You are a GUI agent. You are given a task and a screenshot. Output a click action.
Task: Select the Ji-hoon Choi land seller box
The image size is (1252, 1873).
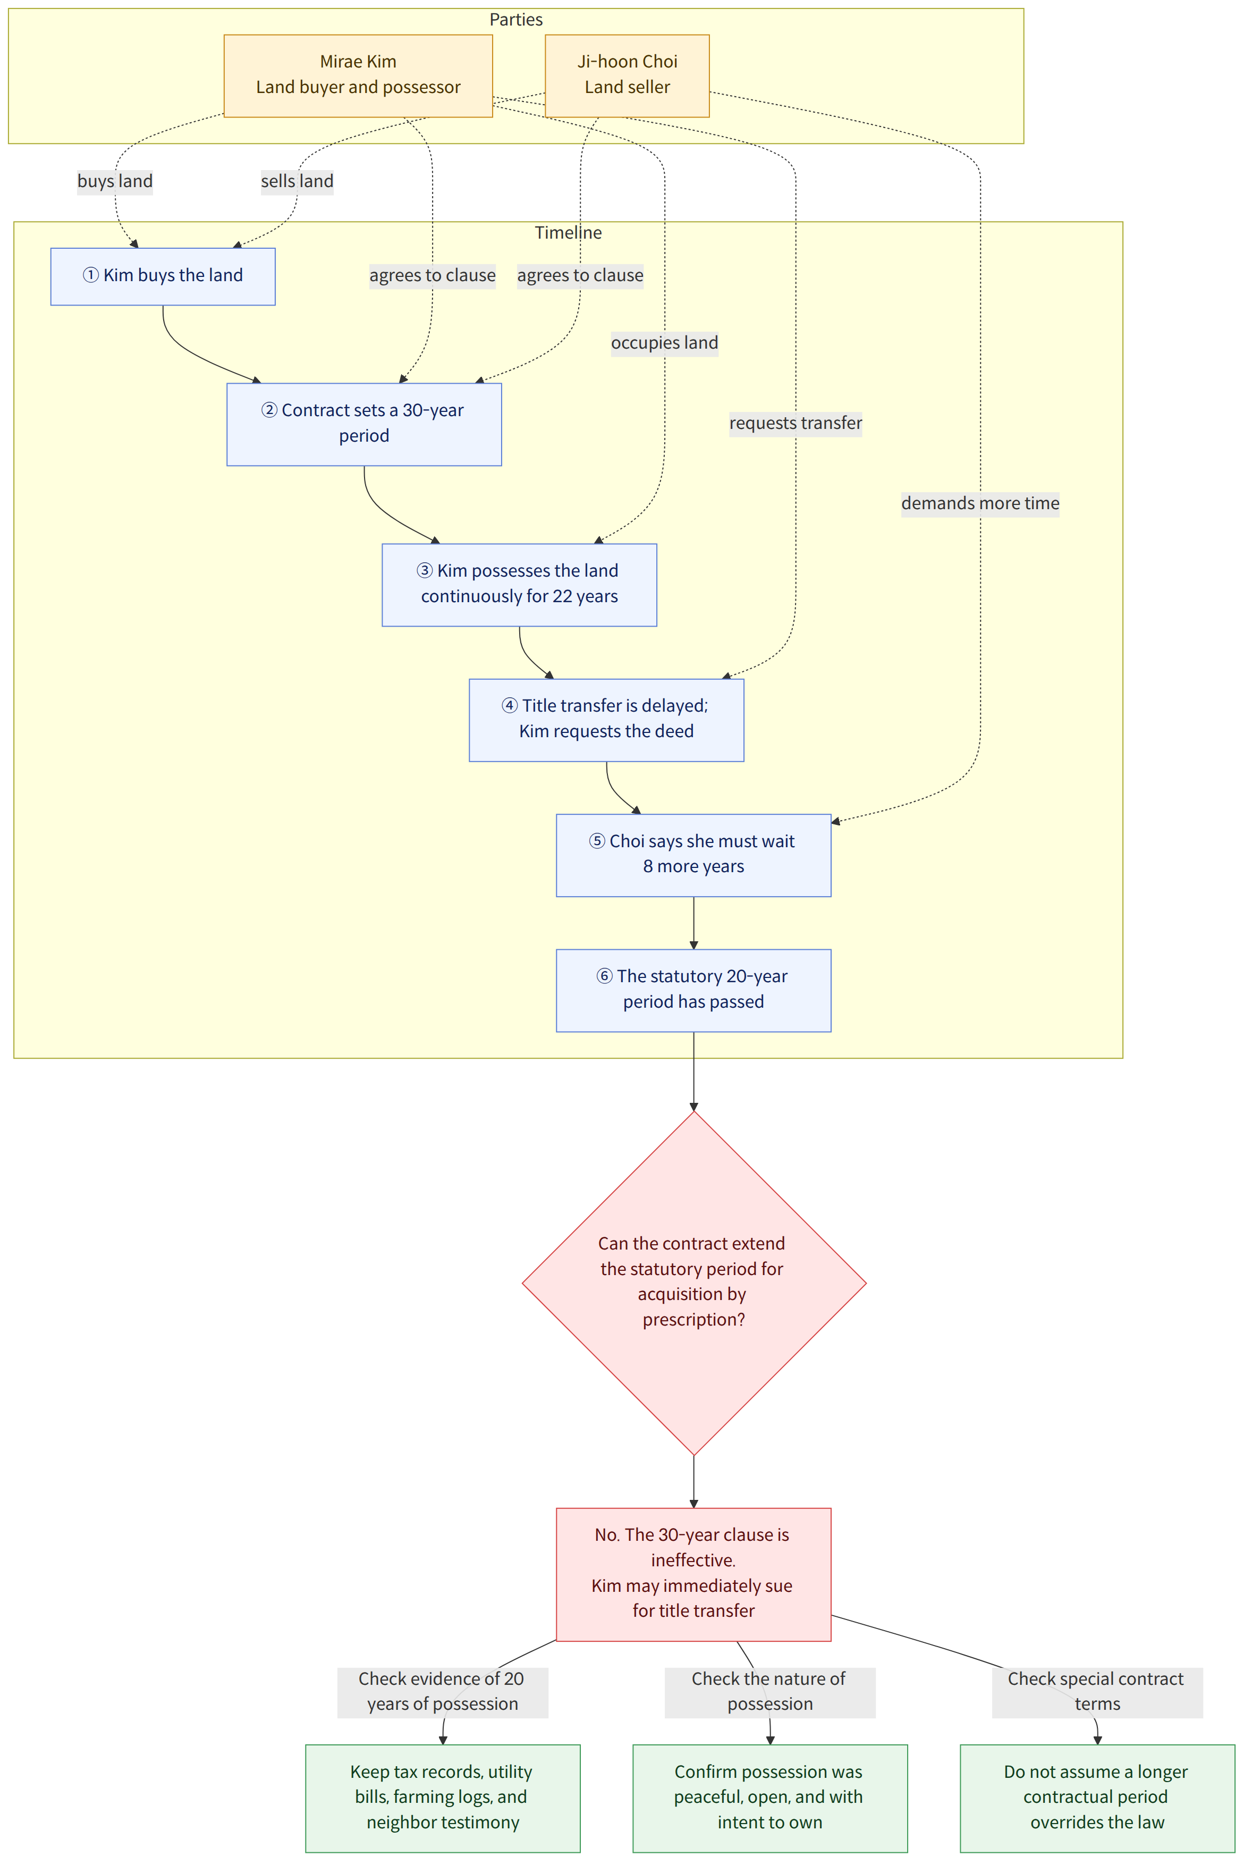[627, 76]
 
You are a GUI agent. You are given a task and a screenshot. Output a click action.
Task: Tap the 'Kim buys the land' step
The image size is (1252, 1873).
[163, 276]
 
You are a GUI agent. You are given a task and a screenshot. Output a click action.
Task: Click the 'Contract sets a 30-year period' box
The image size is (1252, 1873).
[364, 424]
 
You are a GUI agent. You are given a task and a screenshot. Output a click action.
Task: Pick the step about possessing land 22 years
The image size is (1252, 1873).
[519, 585]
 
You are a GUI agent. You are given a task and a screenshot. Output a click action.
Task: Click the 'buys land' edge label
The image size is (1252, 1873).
[115, 181]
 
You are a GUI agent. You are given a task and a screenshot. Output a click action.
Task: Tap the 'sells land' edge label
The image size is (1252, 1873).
[297, 181]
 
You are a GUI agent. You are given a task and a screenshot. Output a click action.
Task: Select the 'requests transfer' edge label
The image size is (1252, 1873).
[796, 423]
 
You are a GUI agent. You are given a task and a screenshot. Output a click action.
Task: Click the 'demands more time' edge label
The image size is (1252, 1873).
[980, 503]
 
